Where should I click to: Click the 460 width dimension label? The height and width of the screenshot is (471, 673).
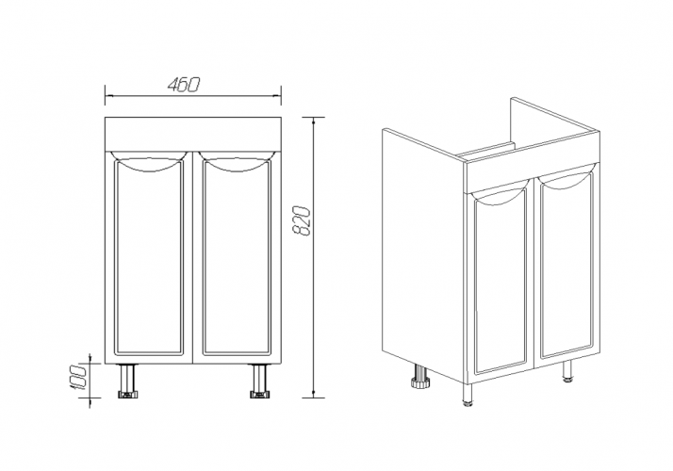[184, 85]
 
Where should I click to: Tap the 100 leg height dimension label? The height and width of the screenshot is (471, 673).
[78, 378]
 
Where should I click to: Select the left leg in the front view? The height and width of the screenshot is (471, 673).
[127, 382]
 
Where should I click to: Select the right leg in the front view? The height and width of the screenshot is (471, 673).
[259, 382]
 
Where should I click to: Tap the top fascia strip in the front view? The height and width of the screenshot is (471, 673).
[193, 134]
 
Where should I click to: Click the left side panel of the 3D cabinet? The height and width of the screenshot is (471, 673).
[423, 253]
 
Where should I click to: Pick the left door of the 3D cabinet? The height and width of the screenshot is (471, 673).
[500, 285]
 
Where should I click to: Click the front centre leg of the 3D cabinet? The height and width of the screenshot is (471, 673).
[468, 395]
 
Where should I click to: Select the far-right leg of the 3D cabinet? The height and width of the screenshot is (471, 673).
[568, 371]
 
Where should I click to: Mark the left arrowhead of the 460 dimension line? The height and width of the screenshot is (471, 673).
[108, 95]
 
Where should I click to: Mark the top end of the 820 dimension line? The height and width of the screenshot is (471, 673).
[313, 118]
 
